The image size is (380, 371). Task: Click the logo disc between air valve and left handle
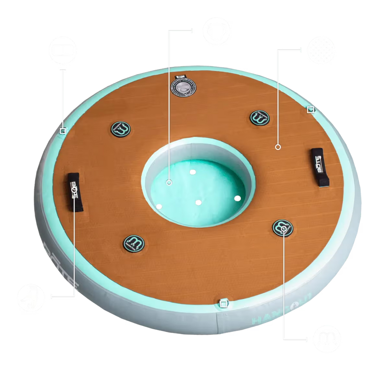[120, 128]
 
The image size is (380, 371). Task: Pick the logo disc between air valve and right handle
[258, 117]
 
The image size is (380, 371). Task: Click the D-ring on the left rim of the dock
[63, 130]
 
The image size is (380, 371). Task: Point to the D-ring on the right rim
[310, 110]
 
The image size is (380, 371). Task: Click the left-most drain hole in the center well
[159, 206]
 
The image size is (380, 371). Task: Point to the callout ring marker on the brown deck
[278, 148]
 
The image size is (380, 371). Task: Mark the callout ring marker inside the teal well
[169, 182]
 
